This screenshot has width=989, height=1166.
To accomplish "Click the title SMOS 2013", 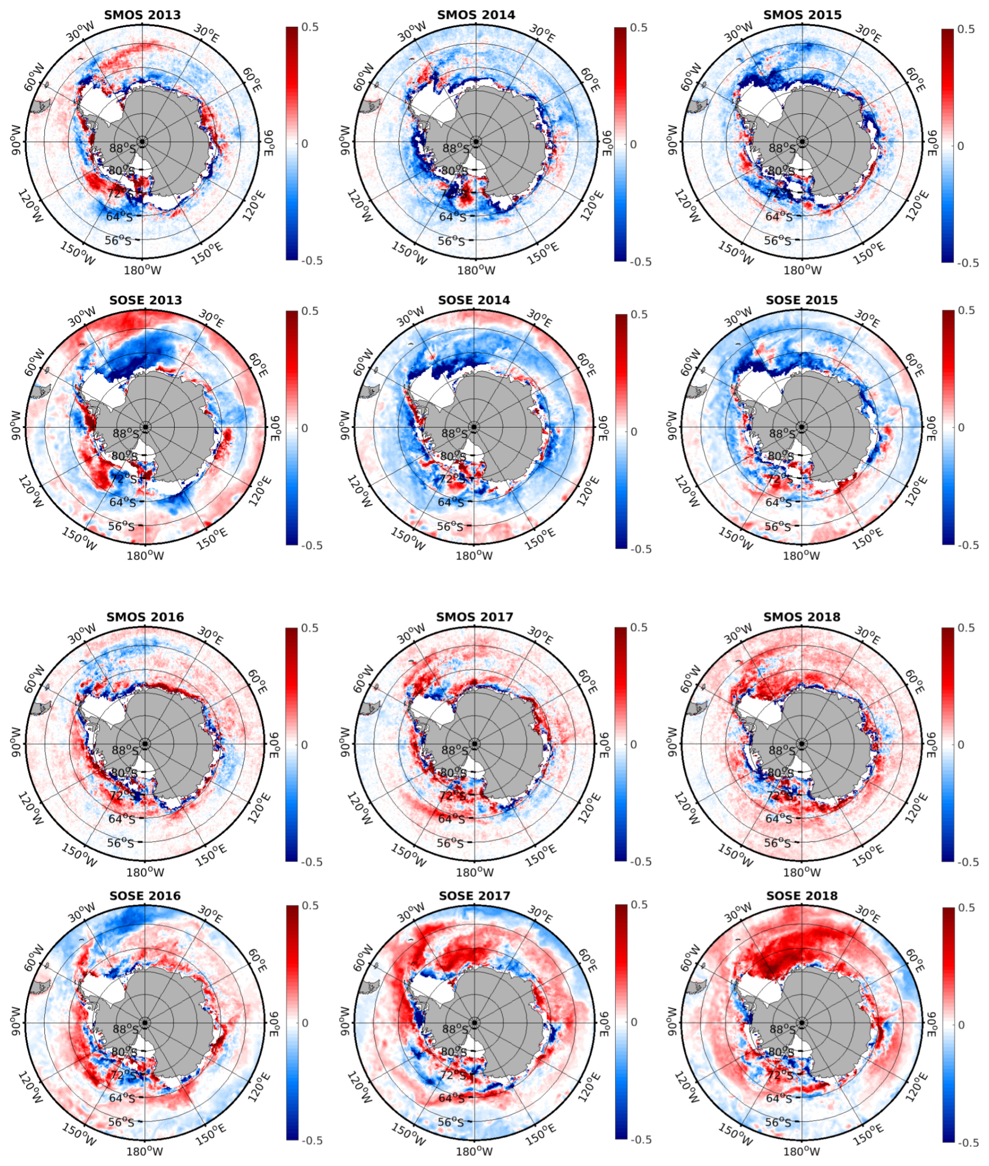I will [x=142, y=15].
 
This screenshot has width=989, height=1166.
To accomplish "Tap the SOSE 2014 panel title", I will [x=474, y=300].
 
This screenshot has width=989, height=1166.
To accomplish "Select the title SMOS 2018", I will [x=802, y=617].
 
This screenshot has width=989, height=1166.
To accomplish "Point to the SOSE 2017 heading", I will [x=475, y=896].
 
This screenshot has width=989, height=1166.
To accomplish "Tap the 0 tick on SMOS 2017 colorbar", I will [x=633, y=744].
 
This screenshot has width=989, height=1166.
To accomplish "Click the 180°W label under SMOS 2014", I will [x=476, y=270].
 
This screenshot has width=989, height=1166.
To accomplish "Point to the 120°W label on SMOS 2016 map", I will [x=31, y=809].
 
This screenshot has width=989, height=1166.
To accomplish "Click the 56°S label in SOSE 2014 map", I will [x=451, y=526].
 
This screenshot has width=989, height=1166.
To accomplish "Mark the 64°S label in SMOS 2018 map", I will [x=778, y=819].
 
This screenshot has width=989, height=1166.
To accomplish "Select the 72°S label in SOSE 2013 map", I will [x=123, y=479].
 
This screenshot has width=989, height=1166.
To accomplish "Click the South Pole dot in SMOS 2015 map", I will [x=802, y=142].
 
